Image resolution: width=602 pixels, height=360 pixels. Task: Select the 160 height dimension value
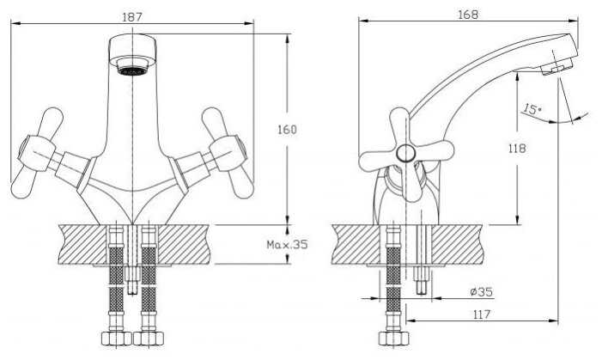click(x=288, y=130)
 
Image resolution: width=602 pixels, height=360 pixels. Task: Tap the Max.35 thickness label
click(x=287, y=244)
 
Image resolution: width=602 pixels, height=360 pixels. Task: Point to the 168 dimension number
click(x=469, y=13)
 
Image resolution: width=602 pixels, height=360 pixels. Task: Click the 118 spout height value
click(x=516, y=148)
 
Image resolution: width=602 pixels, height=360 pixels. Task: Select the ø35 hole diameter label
click(x=482, y=291)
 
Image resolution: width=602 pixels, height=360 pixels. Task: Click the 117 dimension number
click(x=482, y=314)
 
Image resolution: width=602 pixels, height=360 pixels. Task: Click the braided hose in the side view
click(x=393, y=275)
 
